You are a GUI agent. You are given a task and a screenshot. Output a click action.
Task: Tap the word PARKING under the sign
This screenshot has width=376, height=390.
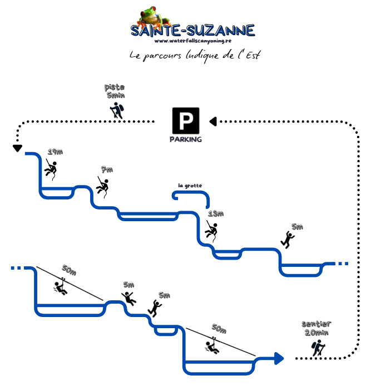(x=186, y=139)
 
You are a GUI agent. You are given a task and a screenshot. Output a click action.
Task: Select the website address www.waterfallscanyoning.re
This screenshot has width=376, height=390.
(x=192, y=41)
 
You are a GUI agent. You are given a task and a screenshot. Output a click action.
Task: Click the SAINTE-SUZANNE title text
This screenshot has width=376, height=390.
(x=192, y=30)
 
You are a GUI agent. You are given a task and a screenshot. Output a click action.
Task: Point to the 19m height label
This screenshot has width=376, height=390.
(x=55, y=152)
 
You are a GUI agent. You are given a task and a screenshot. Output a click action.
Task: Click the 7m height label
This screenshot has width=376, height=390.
(x=107, y=169)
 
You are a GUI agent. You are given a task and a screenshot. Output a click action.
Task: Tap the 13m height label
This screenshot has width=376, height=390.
(x=216, y=213)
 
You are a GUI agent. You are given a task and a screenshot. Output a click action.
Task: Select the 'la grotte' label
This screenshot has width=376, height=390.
(x=190, y=185)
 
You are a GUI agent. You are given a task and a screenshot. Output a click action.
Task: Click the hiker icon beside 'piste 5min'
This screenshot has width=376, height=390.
(x=117, y=110)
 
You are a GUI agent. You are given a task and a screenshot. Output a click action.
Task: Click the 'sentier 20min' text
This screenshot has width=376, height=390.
(x=315, y=328)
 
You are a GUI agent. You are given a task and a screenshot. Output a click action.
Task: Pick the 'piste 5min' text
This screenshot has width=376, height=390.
(x=115, y=91)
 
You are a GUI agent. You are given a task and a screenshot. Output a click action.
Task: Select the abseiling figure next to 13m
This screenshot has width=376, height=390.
(x=211, y=230)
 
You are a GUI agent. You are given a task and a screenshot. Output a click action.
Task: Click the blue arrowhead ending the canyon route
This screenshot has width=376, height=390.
(x=278, y=358)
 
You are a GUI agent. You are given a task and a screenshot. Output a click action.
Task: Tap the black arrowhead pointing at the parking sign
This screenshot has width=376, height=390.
(x=212, y=121)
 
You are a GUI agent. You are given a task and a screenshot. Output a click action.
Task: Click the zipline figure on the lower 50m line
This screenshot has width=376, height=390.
(x=212, y=346)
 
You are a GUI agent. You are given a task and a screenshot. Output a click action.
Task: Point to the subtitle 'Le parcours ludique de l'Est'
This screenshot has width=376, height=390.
(x=194, y=56)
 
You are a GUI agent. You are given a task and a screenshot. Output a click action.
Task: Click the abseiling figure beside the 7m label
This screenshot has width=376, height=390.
(x=102, y=186)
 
